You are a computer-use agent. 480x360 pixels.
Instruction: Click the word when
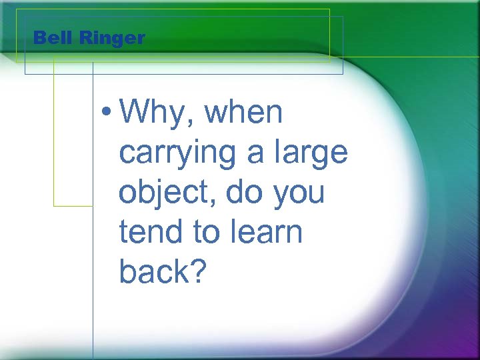click(x=245, y=113)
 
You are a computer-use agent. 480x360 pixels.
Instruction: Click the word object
click(x=166, y=193)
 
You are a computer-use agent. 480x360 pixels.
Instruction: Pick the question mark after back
click(x=199, y=271)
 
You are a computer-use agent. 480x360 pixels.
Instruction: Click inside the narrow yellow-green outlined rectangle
click(x=73, y=133)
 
